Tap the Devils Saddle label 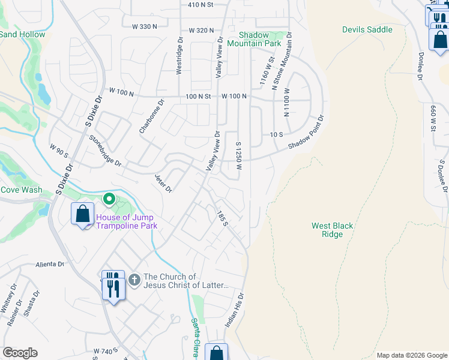coord(367,29)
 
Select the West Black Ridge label coord(332,230)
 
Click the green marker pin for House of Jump coord(109,199)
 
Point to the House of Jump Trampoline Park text coord(125,221)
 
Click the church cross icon coord(134,280)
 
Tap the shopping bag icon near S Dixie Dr coord(82,214)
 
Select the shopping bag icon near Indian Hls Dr coord(216,353)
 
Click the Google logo coord(20,353)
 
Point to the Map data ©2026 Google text coord(411,355)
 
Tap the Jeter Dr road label coord(163,184)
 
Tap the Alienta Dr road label coord(50,264)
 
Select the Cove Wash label coord(21,190)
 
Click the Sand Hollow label coord(22,34)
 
